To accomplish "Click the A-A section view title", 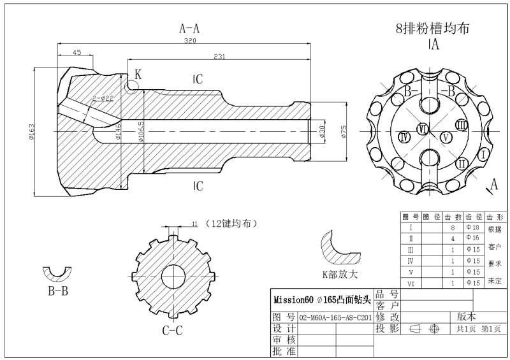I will [189, 29].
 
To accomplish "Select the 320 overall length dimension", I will [190, 41].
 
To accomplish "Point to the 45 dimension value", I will [76, 52].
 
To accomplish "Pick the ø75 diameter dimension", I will [343, 131].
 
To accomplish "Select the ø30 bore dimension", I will [322, 131].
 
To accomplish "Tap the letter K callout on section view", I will [138, 75].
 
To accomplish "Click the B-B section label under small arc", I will [58, 291].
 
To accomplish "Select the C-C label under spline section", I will [172, 330].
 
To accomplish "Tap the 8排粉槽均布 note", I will [433, 28].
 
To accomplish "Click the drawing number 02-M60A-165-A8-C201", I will [335, 317].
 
